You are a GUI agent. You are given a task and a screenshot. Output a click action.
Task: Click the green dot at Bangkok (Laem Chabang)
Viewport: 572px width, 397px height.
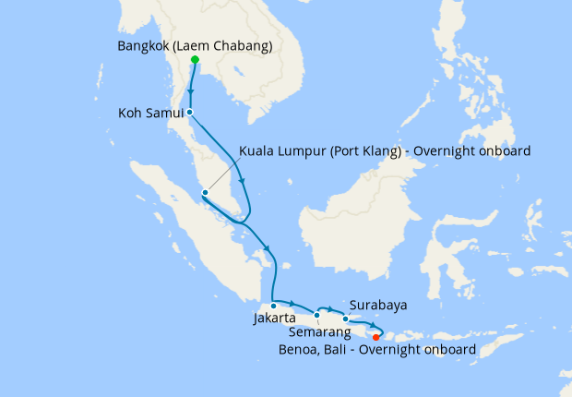coord(195,60)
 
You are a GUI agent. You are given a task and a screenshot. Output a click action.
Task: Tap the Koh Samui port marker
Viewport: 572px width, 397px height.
coord(190,113)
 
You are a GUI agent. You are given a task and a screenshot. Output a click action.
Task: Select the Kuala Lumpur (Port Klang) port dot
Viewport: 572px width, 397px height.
coord(205,192)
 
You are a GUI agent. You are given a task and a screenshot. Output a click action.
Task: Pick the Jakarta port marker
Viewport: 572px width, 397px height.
coord(274,306)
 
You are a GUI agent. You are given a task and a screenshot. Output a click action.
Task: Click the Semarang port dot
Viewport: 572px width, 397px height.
coord(316,315)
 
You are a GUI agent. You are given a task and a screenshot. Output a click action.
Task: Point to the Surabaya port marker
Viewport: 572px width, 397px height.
coord(346,319)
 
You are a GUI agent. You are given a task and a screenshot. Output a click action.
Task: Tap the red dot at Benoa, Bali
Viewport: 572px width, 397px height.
coord(375,337)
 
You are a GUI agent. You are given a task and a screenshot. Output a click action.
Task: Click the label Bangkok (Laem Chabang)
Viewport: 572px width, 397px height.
coord(196,45)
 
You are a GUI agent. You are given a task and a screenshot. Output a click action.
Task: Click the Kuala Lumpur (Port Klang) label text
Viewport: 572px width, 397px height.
coord(385,150)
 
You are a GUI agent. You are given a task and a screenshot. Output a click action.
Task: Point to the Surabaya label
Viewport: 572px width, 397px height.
coord(378,305)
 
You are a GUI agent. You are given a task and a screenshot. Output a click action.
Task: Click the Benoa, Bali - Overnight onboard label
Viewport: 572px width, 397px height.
coord(377,350)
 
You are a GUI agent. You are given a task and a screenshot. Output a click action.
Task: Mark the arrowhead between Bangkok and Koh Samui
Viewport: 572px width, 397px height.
coord(191,91)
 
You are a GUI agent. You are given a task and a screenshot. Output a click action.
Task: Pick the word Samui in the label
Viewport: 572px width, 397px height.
coord(166,114)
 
